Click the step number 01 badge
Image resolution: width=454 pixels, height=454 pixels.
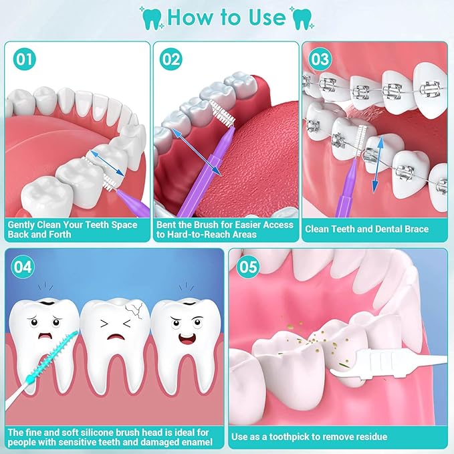pyautogui.click(x=25, y=59)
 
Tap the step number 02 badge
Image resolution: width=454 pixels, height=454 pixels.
pyautogui.click(x=171, y=59)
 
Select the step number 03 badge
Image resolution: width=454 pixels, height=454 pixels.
pyautogui.click(x=320, y=59)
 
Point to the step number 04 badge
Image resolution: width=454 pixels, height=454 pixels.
pyautogui.click(x=23, y=266)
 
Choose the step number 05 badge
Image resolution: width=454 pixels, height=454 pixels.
pyautogui.click(x=248, y=266)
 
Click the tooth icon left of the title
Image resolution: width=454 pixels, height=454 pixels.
pyautogui.click(x=152, y=19)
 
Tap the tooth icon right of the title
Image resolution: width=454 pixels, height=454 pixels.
pyautogui.click(x=302, y=19)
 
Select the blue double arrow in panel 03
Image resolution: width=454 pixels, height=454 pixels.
pyautogui.click(x=378, y=164)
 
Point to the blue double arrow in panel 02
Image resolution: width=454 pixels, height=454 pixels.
pyautogui.click(x=197, y=152)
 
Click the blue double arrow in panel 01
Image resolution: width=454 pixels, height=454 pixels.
pyautogui.click(x=107, y=163)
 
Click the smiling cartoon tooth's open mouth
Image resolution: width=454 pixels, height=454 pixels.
pyautogui.click(x=187, y=338)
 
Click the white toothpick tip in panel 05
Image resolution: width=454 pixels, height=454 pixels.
pyautogui.click(x=336, y=372)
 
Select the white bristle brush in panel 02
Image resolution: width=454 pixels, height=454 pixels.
pyautogui.click(x=222, y=114)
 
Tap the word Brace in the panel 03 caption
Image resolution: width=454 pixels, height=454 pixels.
pyautogui.click(x=417, y=229)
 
